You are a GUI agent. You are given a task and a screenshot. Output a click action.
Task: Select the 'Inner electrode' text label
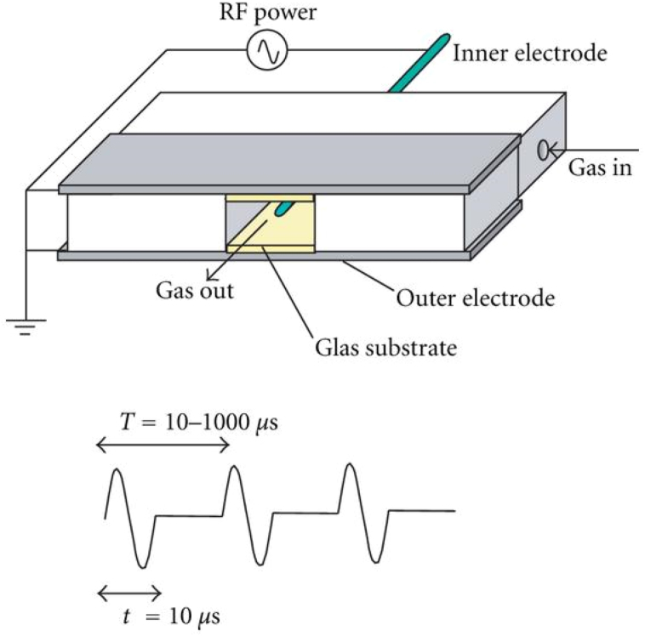pyautogui.click(x=530, y=54)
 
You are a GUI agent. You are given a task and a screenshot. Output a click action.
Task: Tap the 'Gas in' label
pyautogui.click(x=600, y=167)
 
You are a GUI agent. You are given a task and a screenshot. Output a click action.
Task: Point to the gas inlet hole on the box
pyautogui.click(x=541, y=150)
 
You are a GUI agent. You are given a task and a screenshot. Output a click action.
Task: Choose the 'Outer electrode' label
pyautogui.click(x=476, y=298)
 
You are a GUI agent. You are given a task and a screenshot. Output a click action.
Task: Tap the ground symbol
pyautogui.click(x=26, y=326)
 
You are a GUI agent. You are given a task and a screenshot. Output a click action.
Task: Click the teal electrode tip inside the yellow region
pyautogui.click(x=288, y=207)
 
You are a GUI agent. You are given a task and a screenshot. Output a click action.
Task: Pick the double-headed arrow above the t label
pyautogui.click(x=130, y=592)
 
